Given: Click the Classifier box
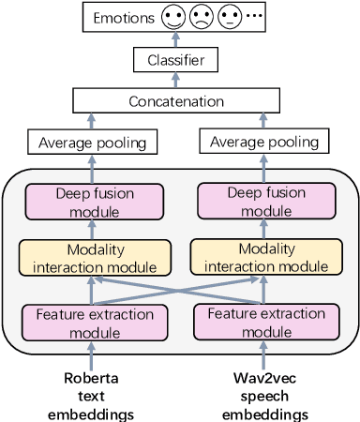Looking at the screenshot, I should [176, 61].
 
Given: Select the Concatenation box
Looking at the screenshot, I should [176, 100].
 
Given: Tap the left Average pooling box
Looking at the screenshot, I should [92, 143].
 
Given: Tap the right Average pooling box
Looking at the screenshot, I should [263, 143].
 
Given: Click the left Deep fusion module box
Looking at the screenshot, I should [94, 202].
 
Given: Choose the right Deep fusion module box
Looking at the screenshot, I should [266, 202].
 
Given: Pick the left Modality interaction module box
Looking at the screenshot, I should [95, 258].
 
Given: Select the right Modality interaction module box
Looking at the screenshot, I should [266, 258].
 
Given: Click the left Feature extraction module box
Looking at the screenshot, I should [95, 322].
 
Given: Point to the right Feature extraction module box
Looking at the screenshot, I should [266, 322].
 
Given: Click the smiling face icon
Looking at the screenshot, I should [172, 17].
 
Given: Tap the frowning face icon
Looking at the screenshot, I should [201, 17].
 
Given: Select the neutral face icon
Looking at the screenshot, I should [229, 17].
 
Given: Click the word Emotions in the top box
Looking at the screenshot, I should [124, 18].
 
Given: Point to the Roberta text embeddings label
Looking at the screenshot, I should [91, 397].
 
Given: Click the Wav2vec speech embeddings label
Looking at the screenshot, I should [264, 397].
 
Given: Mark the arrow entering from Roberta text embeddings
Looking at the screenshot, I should [91, 356].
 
